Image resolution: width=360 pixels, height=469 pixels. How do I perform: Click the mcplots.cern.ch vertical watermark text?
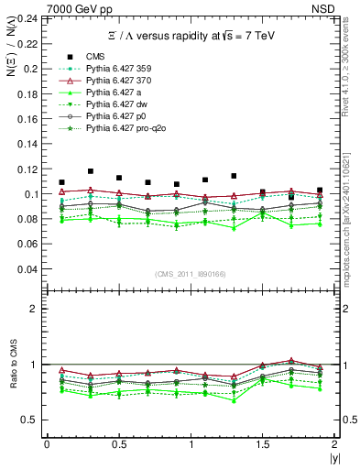coord(350,229)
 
